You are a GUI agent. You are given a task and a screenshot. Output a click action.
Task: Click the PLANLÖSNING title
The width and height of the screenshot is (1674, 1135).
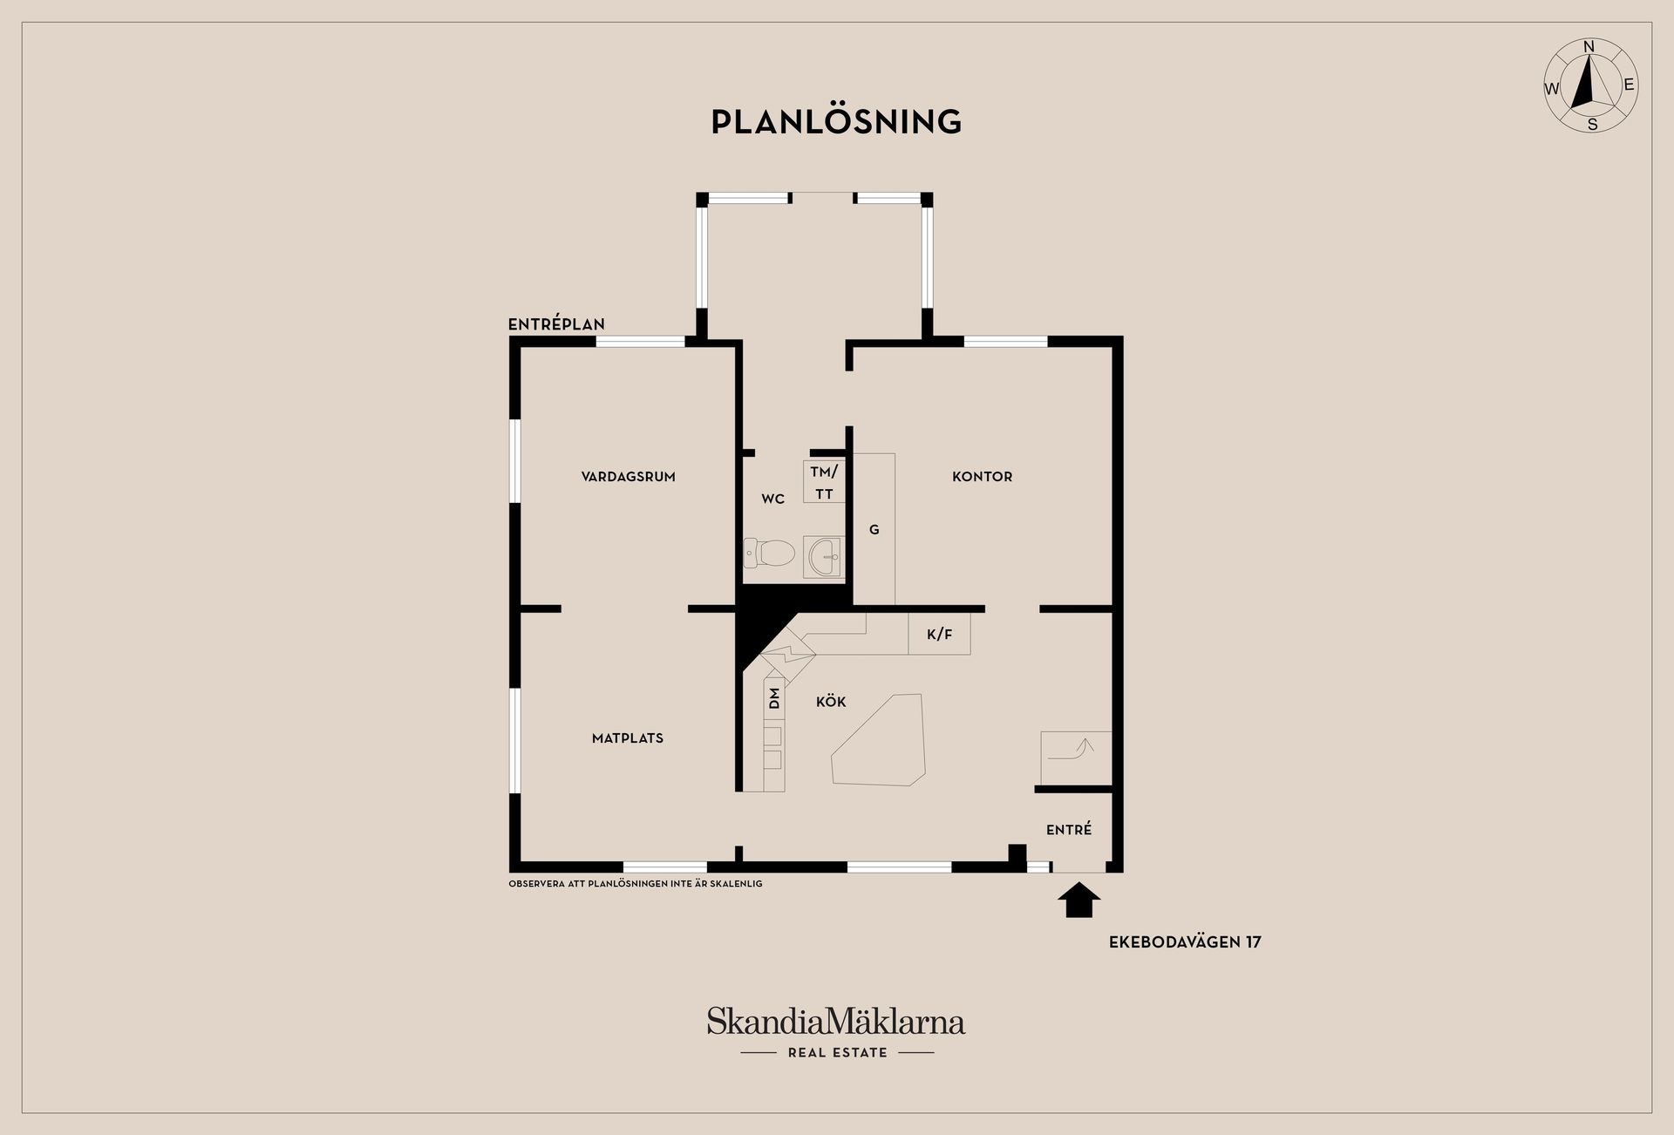(836, 121)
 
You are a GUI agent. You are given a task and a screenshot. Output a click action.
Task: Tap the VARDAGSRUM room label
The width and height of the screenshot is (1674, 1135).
(628, 477)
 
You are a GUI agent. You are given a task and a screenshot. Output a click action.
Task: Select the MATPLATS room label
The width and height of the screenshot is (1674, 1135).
(628, 738)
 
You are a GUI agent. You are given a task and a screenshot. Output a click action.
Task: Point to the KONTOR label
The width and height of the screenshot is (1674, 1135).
(982, 477)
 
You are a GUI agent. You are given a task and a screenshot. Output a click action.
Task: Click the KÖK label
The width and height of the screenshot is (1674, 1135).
(831, 701)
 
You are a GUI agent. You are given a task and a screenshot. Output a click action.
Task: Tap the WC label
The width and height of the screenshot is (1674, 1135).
(773, 500)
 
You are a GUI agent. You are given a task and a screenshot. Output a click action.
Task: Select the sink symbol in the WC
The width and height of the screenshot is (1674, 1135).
(824, 557)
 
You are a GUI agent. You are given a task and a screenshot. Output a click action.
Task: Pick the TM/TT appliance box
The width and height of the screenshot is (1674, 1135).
(824, 482)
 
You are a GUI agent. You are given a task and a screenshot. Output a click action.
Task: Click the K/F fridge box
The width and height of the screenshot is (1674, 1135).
(939, 634)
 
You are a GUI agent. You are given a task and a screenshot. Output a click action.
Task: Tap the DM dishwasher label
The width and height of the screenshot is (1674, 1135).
(774, 698)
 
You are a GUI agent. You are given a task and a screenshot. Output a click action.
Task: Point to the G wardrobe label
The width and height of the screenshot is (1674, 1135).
(874, 530)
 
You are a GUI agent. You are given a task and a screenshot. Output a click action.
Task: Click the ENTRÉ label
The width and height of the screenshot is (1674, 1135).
(1069, 830)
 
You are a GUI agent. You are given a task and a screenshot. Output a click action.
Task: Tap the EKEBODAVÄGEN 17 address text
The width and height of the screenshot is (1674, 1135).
(1185, 942)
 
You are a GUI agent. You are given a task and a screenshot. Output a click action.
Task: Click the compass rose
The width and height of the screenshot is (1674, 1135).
(1591, 86)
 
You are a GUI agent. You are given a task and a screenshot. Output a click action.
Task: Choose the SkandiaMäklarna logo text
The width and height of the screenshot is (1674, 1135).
(836, 1021)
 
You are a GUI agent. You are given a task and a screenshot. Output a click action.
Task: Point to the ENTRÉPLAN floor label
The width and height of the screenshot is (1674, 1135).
(556, 324)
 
